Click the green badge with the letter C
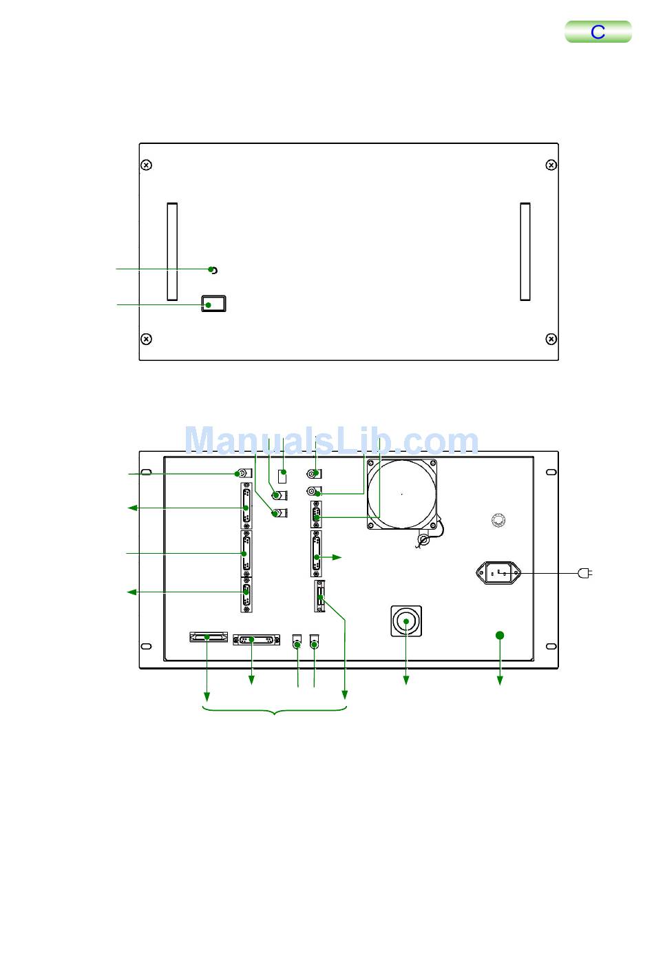coord(598,32)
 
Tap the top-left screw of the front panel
coord(147,165)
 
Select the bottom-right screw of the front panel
coord(551,339)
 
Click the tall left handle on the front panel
coord(172,251)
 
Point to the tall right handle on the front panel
coord(525,251)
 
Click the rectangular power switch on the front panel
coord(213,304)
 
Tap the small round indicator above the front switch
coord(214,270)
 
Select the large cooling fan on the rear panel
coord(402,495)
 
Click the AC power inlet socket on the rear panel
coord(498,573)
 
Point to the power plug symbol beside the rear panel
coord(585,573)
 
